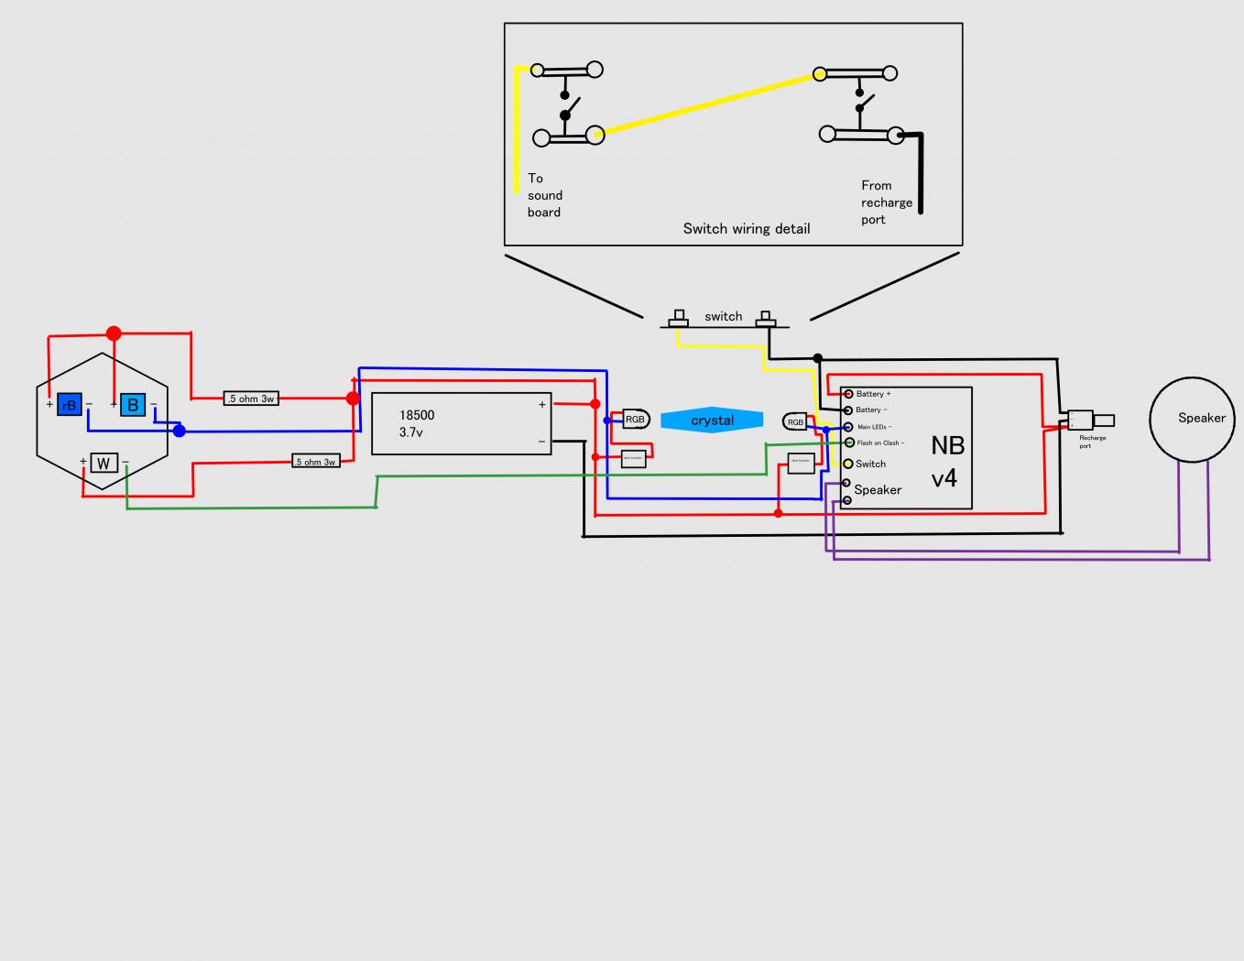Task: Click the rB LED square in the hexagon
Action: [x=70, y=404]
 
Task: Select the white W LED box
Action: [x=104, y=463]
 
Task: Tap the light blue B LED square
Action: [x=133, y=404]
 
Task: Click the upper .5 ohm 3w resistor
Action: [x=251, y=399]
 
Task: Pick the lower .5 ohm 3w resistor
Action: [x=316, y=462]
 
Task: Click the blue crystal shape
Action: [x=712, y=420]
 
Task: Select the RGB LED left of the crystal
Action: [x=636, y=419]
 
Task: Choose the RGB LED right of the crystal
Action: [x=795, y=421]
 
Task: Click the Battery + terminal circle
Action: [x=848, y=394]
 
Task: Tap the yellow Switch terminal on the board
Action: [x=848, y=464]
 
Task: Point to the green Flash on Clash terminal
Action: [x=849, y=442]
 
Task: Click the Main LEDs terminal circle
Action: [x=848, y=427]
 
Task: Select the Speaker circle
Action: [x=1193, y=418]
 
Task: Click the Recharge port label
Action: [x=1091, y=442]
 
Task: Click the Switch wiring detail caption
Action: [x=746, y=228]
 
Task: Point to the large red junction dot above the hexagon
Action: [x=113, y=333]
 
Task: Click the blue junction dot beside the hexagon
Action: [x=180, y=431]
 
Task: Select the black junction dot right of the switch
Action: [x=818, y=358]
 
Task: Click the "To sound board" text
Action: [x=544, y=195]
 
